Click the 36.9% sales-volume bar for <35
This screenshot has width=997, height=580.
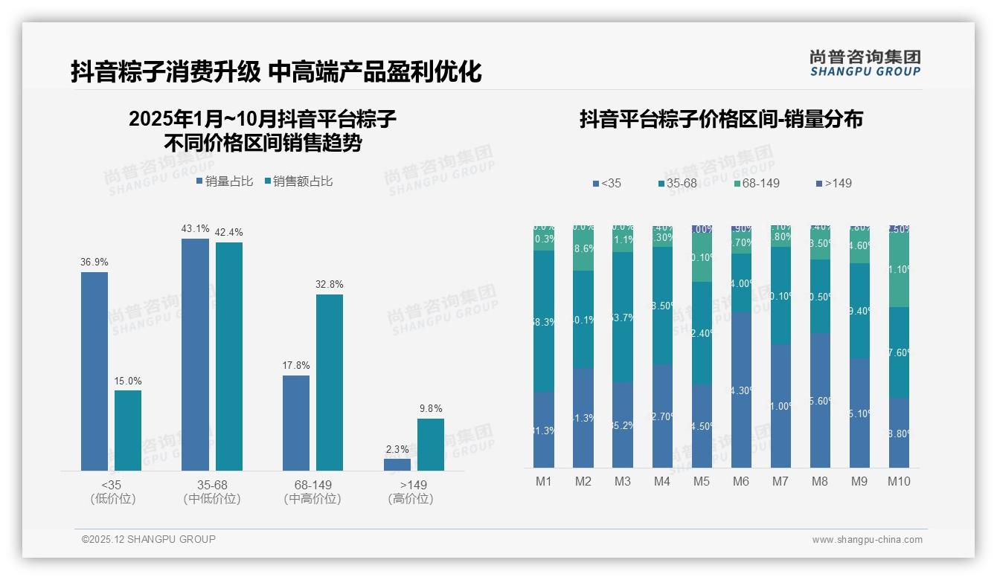point(94,371)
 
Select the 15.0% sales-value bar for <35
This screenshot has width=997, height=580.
point(128,431)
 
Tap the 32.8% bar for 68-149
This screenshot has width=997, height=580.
point(330,382)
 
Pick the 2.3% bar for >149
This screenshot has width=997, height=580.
point(397,465)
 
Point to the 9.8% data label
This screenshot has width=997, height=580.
point(431,408)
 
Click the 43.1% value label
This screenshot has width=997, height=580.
point(195,228)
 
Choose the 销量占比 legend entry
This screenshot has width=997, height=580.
point(225,181)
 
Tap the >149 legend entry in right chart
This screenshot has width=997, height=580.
point(834,183)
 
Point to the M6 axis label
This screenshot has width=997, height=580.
point(741,481)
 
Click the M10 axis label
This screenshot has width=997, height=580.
point(899,481)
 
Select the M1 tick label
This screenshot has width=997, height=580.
point(544,481)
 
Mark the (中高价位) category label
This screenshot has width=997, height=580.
point(312,499)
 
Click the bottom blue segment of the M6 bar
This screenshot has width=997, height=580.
point(741,390)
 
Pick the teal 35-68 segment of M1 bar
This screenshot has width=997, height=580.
point(544,320)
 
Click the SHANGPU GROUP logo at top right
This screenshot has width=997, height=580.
point(865,62)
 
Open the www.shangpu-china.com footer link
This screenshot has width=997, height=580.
point(867,540)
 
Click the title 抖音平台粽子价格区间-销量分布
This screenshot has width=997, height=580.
point(721,119)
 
